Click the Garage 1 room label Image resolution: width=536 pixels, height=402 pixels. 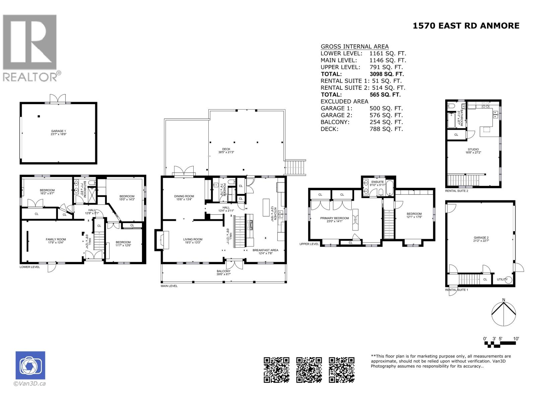58,131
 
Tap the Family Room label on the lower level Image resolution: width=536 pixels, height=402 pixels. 56,240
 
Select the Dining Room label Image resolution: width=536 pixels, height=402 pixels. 184,196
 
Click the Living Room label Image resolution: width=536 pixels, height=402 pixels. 193,240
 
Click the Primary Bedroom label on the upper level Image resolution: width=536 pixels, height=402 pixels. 334,218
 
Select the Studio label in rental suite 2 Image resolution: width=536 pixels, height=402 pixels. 473,149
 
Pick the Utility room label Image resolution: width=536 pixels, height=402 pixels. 502,279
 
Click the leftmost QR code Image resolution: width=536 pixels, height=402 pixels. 277,370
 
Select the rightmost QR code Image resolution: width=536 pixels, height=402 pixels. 341,370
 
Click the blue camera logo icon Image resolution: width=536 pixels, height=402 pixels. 30,365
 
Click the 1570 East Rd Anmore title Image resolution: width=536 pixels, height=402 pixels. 466,26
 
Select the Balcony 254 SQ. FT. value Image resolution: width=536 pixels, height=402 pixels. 386,122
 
